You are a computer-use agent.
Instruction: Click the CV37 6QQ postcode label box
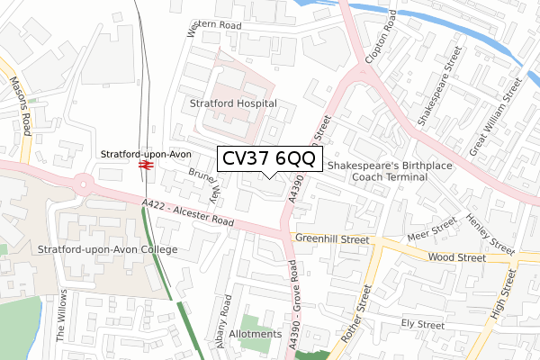pos(266,159)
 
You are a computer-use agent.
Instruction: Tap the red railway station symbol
pos(144,165)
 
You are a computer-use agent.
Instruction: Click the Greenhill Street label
pos(332,240)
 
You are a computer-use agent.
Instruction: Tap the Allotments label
pos(256,334)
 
